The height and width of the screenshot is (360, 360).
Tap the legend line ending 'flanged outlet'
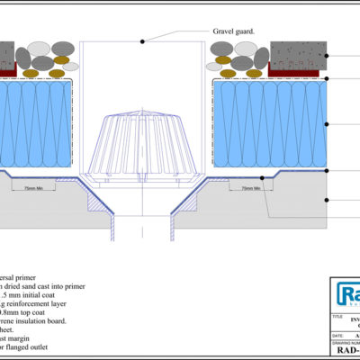31,342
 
